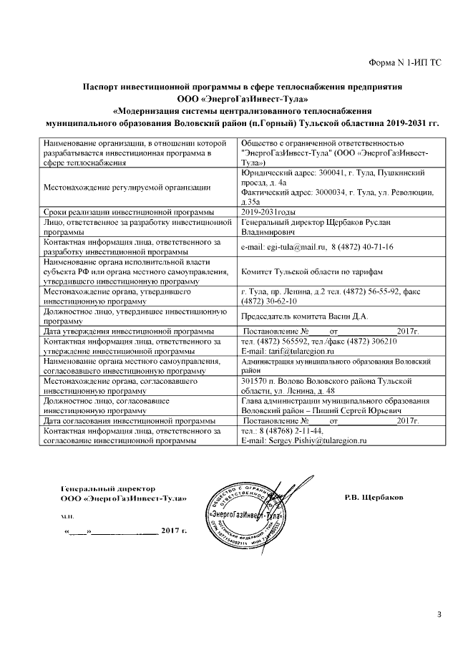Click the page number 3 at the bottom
click(439, 613)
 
